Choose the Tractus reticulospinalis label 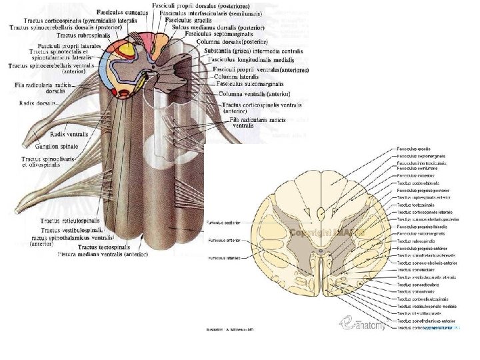click(69, 220)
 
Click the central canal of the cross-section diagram click(321, 253)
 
